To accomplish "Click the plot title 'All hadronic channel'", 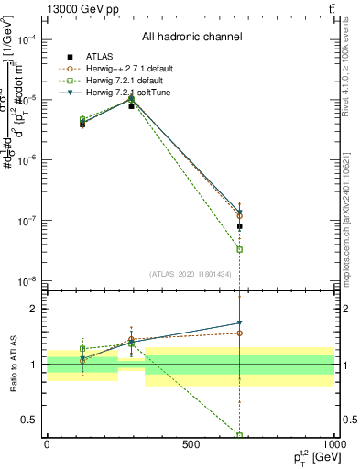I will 191,38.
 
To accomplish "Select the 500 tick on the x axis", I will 191,443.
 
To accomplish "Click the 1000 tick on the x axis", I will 333,443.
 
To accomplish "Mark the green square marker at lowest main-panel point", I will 239,249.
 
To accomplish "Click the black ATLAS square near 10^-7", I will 239,226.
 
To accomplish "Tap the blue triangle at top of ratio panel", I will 239,323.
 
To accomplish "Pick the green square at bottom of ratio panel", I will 239,435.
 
